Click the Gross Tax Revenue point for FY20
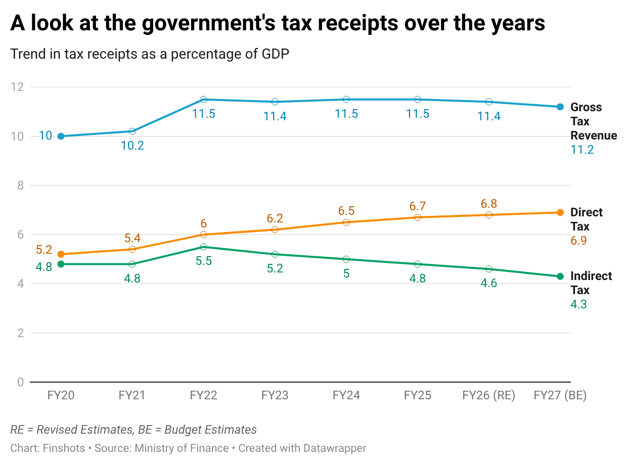pyautogui.click(x=61, y=136)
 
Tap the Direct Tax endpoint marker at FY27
pyautogui.click(x=560, y=212)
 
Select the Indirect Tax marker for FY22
pyautogui.click(x=203, y=247)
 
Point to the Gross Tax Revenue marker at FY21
pyautogui.click(x=132, y=131)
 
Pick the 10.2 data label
pyautogui.click(x=132, y=146)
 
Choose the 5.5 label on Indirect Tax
pyautogui.click(x=203, y=261)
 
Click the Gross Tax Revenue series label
pyautogui.click(x=593, y=121)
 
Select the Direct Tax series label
pyautogui.click(x=586, y=219)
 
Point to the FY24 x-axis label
pyautogui.click(x=346, y=395)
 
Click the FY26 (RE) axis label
pyautogui.click(x=488, y=395)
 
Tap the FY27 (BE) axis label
pyautogui.click(x=560, y=395)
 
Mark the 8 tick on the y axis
pyautogui.click(x=21, y=185)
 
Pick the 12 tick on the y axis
pyautogui.click(x=18, y=87)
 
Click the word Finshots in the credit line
pyautogui.click(x=64, y=448)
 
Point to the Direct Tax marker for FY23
pyautogui.click(x=275, y=229)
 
